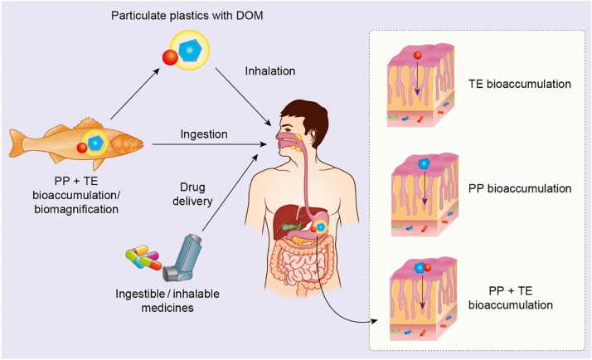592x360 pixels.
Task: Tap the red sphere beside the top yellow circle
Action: tap(168, 58)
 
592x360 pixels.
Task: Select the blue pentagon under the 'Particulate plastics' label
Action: tap(189, 51)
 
